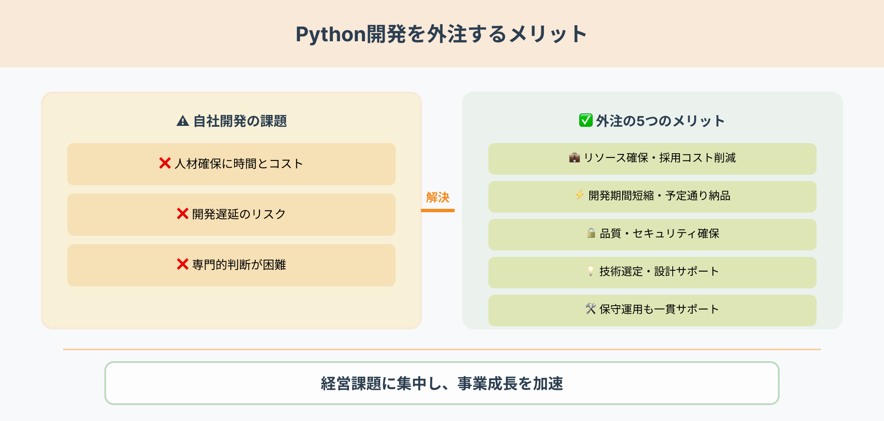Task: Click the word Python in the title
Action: click(x=330, y=35)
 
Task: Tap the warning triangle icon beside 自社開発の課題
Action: click(x=183, y=121)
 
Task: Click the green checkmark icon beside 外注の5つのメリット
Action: click(x=586, y=120)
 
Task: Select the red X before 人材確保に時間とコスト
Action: click(x=165, y=163)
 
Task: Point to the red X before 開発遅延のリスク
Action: click(x=182, y=213)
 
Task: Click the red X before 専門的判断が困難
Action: click(x=182, y=264)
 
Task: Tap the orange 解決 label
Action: click(x=438, y=197)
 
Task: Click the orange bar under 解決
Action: click(x=438, y=210)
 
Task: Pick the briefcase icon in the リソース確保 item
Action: click(x=574, y=158)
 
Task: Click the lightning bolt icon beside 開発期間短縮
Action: click(x=580, y=195)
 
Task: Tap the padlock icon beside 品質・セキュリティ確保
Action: click(x=591, y=233)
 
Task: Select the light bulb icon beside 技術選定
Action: click(x=591, y=271)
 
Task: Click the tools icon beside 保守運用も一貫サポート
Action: click(x=591, y=309)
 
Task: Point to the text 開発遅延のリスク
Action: click(x=239, y=214)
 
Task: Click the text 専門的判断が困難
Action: click(x=239, y=264)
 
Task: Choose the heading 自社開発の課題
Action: click(x=240, y=121)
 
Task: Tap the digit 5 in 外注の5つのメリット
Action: click(x=640, y=121)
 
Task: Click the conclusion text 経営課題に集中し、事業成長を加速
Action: click(x=442, y=384)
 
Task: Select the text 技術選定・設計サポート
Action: click(x=659, y=272)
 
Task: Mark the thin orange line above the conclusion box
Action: click(x=442, y=349)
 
